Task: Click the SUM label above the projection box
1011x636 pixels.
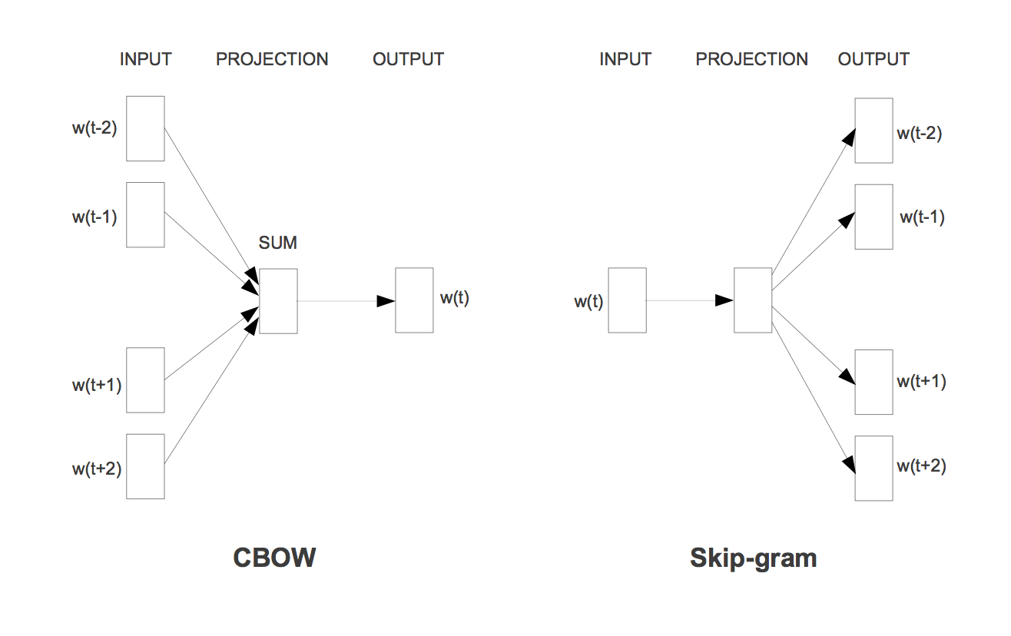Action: [x=277, y=243]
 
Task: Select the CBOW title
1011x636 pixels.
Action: [x=274, y=558]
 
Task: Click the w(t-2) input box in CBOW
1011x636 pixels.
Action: [x=145, y=128]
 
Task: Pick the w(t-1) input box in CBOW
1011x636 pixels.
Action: [x=145, y=215]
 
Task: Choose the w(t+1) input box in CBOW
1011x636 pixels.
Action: [x=145, y=380]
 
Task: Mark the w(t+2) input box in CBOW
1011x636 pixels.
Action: [x=145, y=466]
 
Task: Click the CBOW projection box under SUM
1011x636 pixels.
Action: [x=278, y=301]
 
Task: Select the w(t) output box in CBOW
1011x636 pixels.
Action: [x=414, y=300]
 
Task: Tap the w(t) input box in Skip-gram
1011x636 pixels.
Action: [x=628, y=300]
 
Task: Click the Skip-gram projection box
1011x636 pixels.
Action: [x=753, y=300]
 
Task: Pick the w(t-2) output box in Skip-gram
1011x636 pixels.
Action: [x=873, y=131]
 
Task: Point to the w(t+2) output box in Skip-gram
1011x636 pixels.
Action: [x=873, y=468]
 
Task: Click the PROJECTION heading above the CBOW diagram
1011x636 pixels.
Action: [x=272, y=59]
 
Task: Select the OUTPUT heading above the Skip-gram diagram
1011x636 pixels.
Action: [x=873, y=59]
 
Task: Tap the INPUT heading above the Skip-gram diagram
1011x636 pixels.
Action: [x=625, y=59]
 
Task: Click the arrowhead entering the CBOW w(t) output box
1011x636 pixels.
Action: [x=386, y=301]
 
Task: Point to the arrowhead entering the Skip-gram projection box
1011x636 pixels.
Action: [x=724, y=300]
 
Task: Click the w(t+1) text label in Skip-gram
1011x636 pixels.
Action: [x=921, y=382]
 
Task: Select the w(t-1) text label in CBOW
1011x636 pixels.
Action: [x=94, y=217]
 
